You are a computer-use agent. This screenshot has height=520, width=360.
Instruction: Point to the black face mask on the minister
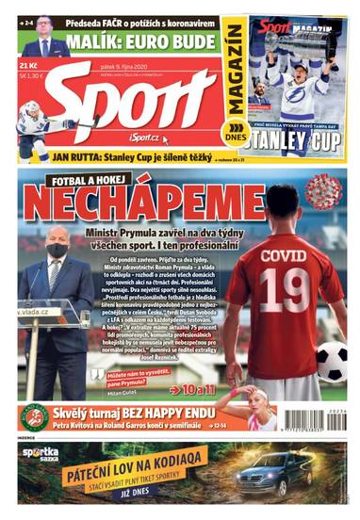click(57, 251)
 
